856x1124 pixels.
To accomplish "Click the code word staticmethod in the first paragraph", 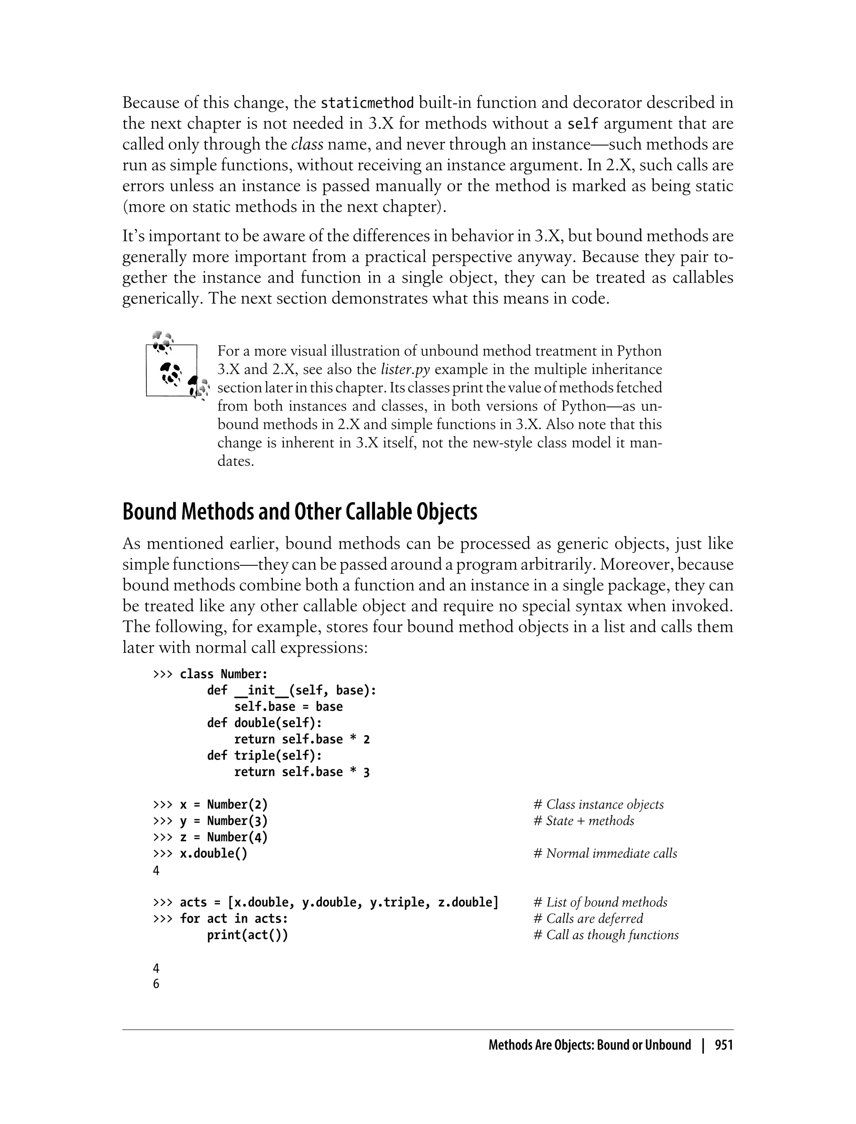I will (x=367, y=103).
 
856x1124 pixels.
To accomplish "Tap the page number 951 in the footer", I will (x=724, y=1045).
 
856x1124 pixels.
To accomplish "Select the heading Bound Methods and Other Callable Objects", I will (x=300, y=512).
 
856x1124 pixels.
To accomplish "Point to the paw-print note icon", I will (x=176, y=367).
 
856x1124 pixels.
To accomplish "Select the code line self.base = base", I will (x=288, y=707).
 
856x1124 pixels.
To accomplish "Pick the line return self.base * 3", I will (x=302, y=772).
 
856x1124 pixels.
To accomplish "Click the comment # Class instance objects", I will (x=599, y=805).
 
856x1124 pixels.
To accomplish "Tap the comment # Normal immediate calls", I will (x=605, y=853).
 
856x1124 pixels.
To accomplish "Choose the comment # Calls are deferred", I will (x=588, y=919).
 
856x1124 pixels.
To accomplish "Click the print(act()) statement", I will (x=247, y=935).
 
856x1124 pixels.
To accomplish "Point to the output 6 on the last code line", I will (x=156, y=984).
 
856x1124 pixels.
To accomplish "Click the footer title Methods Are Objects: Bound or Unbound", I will (x=589, y=1045).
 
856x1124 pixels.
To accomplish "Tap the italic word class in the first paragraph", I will (x=307, y=145).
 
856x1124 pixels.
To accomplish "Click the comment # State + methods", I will (x=584, y=821).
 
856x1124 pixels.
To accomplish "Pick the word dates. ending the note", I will (x=235, y=461).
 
